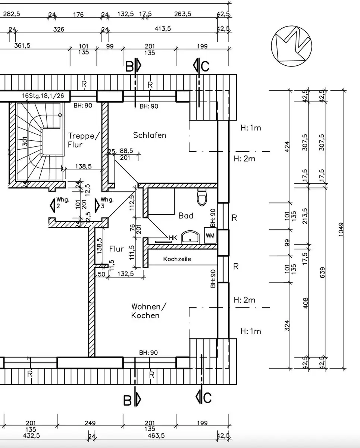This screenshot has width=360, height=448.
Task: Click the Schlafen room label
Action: tap(150, 135)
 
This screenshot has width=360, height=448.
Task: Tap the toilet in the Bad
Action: tap(202, 197)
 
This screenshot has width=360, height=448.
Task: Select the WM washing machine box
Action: tap(210, 236)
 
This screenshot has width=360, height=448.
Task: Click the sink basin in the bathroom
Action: tap(190, 237)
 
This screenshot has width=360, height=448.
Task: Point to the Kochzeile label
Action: tap(177, 259)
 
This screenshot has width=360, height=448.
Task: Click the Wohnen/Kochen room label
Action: tap(148, 311)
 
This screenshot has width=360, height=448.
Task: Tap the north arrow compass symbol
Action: tap(291, 46)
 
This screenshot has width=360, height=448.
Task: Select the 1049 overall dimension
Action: tap(341, 229)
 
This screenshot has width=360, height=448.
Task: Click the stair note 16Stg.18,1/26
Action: tap(43, 96)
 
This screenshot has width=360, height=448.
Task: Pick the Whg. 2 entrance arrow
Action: tap(53, 205)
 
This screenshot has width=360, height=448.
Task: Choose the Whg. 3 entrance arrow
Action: tap(97, 205)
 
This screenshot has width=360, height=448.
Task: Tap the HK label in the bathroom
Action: tap(173, 237)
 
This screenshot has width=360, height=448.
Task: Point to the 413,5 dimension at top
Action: tap(163, 28)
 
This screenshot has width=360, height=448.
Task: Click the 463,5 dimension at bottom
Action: tap(156, 436)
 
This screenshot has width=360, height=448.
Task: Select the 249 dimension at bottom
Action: tap(90, 423)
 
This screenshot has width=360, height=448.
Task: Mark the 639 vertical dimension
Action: tap(322, 273)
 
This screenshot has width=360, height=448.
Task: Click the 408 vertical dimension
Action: tap(305, 303)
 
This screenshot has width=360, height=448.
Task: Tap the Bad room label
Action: tap(186, 216)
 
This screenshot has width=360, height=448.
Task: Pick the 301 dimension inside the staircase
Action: tap(25, 141)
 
